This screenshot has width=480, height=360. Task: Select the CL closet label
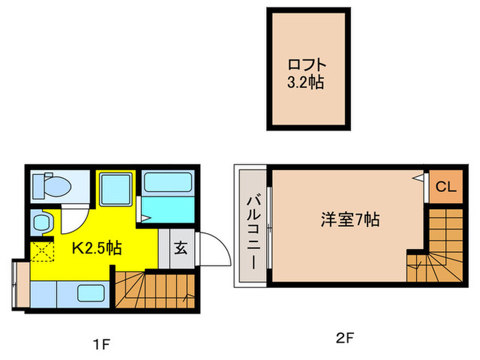(445, 187)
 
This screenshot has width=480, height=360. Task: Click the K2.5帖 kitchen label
(97, 248)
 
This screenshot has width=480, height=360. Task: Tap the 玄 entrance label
(180, 248)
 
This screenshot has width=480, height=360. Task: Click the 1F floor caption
(101, 340)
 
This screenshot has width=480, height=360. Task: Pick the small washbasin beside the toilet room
(42, 222)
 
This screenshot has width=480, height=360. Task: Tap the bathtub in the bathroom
(169, 182)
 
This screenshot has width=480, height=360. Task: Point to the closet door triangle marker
(418, 177)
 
